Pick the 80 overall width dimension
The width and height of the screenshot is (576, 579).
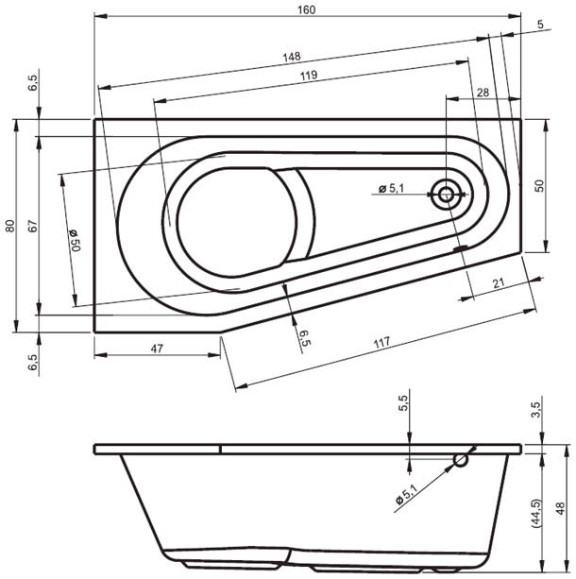pyautogui.click(x=8, y=226)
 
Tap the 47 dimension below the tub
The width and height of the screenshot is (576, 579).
pyautogui.click(x=157, y=349)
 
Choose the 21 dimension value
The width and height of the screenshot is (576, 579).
pyautogui.click(x=498, y=283)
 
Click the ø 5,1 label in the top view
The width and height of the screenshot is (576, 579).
pyautogui.click(x=391, y=189)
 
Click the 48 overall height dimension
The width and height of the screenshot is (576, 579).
pyautogui.click(x=561, y=510)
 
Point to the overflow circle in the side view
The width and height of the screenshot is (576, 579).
pyautogui.click(x=461, y=460)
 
